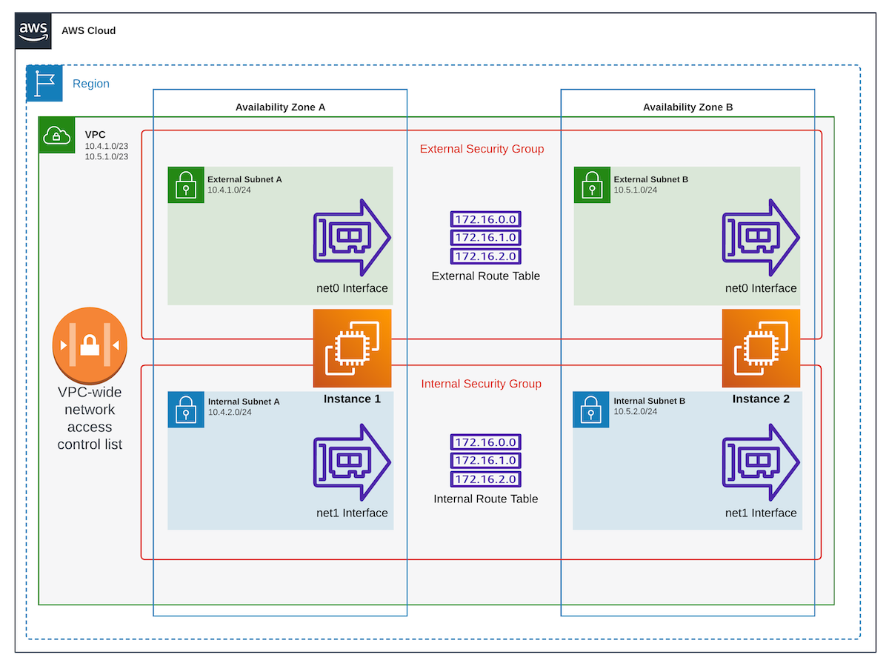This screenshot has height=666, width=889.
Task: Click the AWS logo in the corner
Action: pos(33,30)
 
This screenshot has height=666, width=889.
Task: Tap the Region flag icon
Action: pos(44,84)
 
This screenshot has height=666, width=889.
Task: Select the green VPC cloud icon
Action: pos(56,135)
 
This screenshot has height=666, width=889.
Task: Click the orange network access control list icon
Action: pos(90,346)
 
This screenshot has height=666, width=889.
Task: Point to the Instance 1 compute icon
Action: pos(352,348)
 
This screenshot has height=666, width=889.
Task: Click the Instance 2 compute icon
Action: pos(761,348)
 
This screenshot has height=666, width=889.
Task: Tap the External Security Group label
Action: pos(482,149)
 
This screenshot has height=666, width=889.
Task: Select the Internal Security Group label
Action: pos(481,384)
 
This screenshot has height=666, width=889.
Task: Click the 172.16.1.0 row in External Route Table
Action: pos(486,238)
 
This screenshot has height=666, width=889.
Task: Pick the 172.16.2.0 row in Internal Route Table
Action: pos(486,479)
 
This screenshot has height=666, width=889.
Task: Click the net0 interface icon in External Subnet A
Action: pos(352,237)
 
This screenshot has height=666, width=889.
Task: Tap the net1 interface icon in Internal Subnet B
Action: pos(761,462)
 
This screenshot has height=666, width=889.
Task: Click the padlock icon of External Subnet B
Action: pos(591,184)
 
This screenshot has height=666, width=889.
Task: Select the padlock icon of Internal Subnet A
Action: pos(185,410)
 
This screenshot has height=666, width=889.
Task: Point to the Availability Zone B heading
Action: pos(687,107)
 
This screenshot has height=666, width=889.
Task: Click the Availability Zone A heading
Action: pos(280,107)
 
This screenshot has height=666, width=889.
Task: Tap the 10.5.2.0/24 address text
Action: pos(636,412)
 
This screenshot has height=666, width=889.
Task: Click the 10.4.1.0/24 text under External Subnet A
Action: pos(230,190)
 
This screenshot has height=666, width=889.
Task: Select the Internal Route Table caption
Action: pos(485,499)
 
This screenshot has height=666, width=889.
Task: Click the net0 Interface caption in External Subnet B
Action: pos(761,288)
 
